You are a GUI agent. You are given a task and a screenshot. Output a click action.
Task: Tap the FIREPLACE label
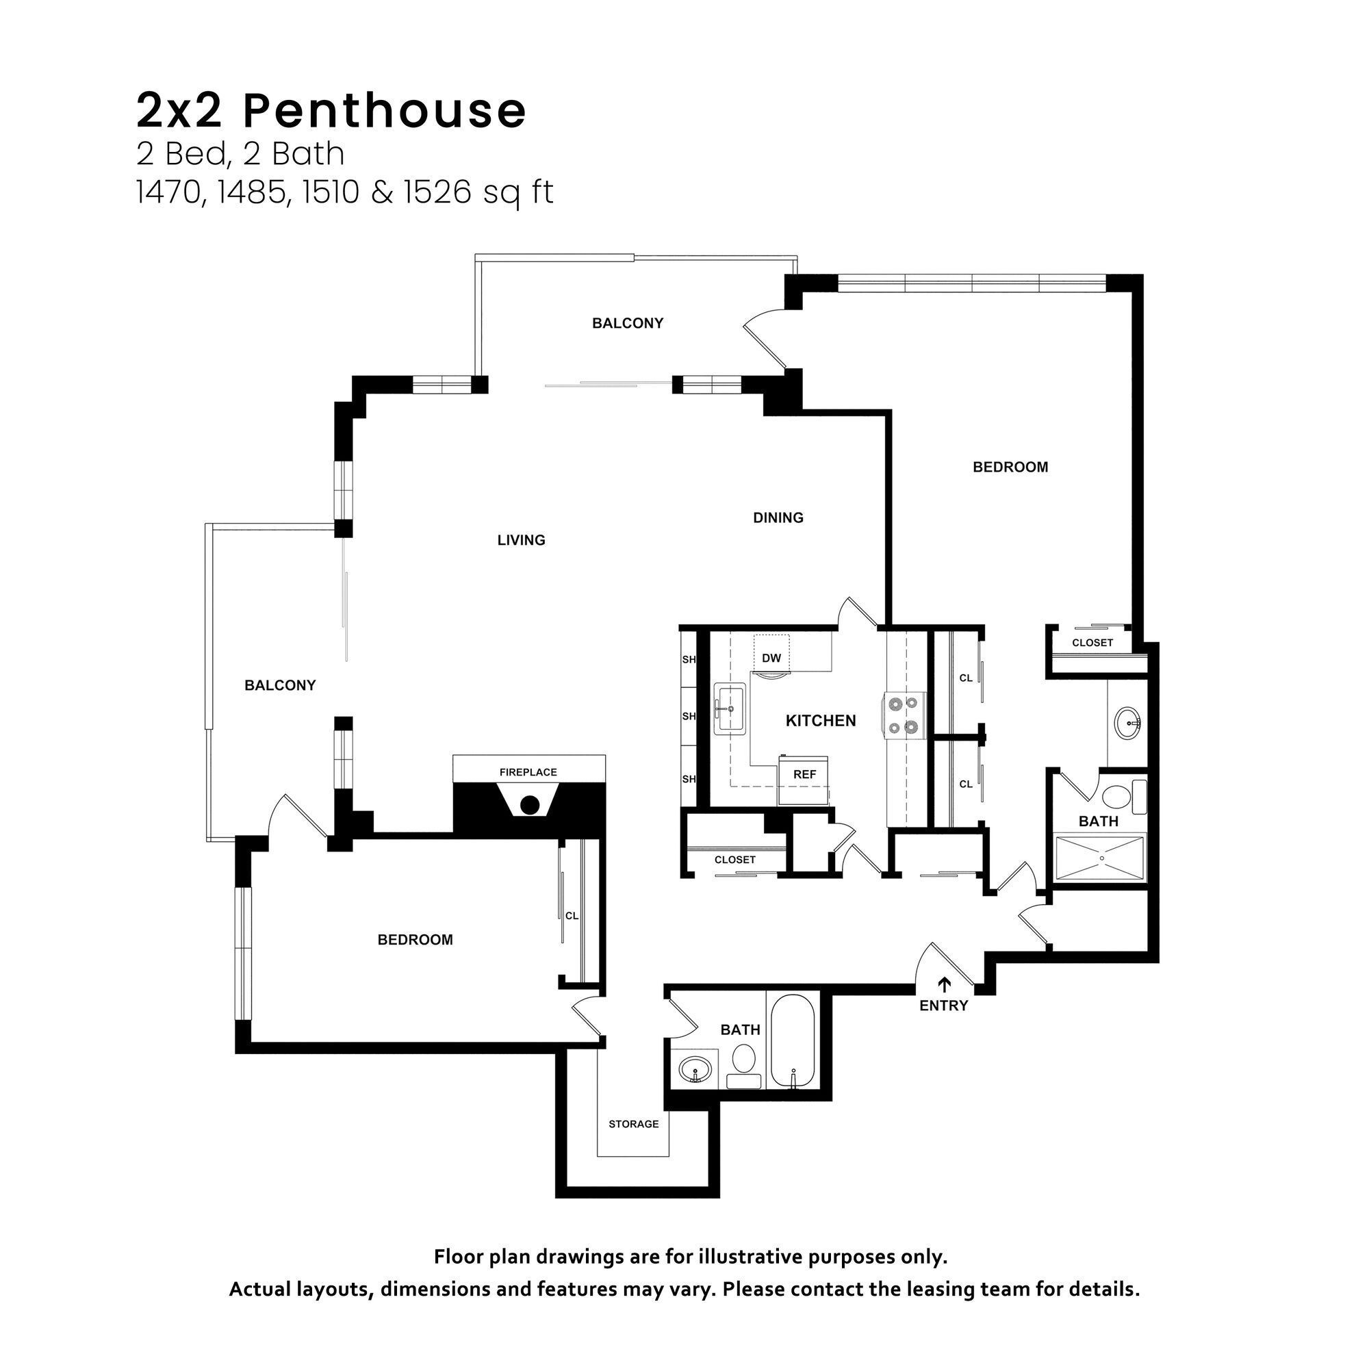point(528,771)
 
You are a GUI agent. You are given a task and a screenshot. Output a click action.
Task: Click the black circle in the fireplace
point(528,805)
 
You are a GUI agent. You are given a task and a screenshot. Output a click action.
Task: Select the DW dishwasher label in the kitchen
point(771,658)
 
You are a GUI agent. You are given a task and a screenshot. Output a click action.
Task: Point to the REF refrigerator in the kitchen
point(804,776)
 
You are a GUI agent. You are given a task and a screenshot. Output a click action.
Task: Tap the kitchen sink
point(729,708)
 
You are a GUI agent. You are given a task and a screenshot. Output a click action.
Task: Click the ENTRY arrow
point(944,984)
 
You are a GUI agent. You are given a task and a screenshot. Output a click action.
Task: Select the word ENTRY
point(943,1006)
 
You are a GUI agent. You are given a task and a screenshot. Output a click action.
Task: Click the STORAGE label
point(633,1124)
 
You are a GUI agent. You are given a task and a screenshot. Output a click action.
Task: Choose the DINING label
point(778,518)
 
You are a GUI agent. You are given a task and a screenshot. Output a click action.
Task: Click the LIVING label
point(521,540)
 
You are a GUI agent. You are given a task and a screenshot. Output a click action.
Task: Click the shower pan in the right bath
point(1100,858)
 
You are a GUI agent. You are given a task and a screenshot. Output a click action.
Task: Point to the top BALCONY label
point(628,323)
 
